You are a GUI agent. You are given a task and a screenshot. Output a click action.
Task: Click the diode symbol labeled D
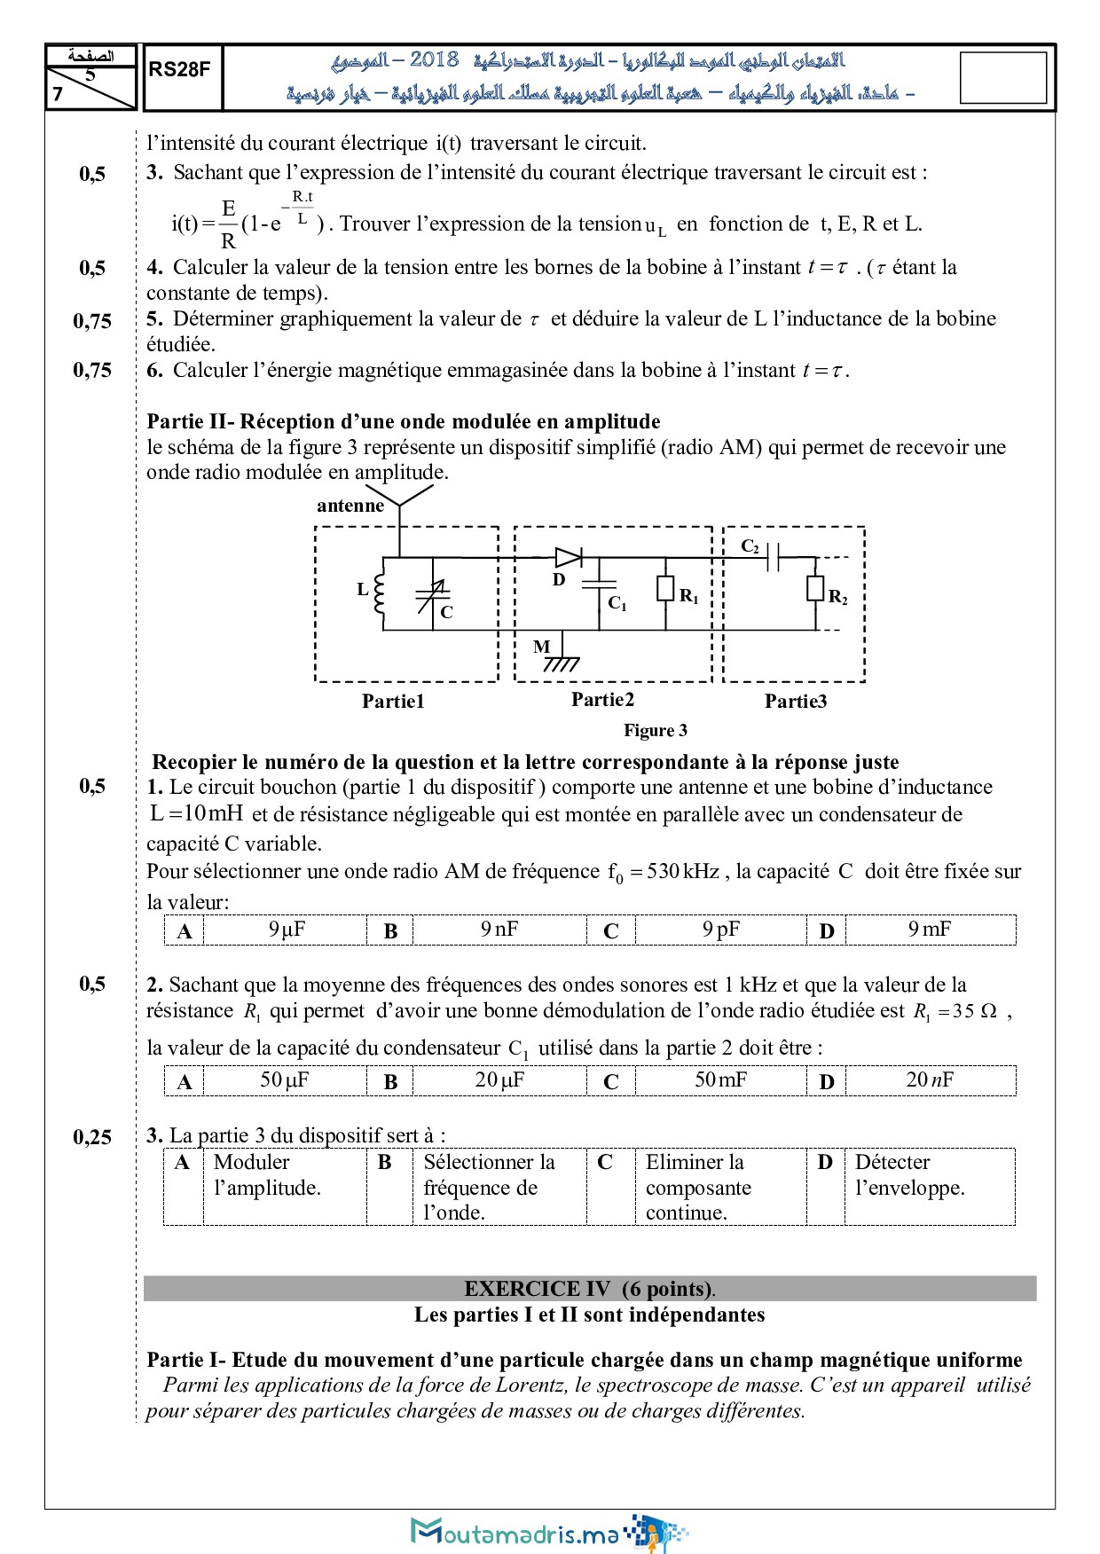pyautogui.click(x=568, y=558)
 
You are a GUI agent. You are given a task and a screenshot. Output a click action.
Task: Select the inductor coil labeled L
pyautogui.click(x=381, y=593)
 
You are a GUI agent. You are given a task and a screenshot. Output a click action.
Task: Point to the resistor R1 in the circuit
pyautogui.click(x=665, y=589)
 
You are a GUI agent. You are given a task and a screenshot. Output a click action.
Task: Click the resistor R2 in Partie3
pyautogui.click(x=815, y=589)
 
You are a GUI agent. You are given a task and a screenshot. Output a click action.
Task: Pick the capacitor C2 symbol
pyautogui.click(x=773, y=558)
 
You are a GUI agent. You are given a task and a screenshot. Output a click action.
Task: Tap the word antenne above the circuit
pyautogui.click(x=350, y=506)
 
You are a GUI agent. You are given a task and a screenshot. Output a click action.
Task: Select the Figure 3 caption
pyautogui.click(x=655, y=730)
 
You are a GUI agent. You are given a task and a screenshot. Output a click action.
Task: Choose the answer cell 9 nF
pyautogui.click(x=499, y=930)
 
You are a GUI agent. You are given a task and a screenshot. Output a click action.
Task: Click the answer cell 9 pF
pyautogui.click(x=720, y=930)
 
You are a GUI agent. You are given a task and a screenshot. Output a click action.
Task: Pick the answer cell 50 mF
pyautogui.click(x=720, y=1080)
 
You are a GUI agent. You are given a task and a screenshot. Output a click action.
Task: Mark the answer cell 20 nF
pyautogui.click(x=929, y=1080)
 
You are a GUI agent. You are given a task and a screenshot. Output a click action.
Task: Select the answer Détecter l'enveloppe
pyautogui.click(x=909, y=1174)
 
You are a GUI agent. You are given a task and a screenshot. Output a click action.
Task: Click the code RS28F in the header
pyautogui.click(x=179, y=69)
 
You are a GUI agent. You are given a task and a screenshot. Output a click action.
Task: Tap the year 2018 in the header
pyautogui.click(x=434, y=59)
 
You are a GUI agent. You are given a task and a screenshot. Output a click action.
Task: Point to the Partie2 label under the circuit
pyautogui.click(x=602, y=700)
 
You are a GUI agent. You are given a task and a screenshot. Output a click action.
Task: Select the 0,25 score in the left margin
pyautogui.click(x=92, y=1137)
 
